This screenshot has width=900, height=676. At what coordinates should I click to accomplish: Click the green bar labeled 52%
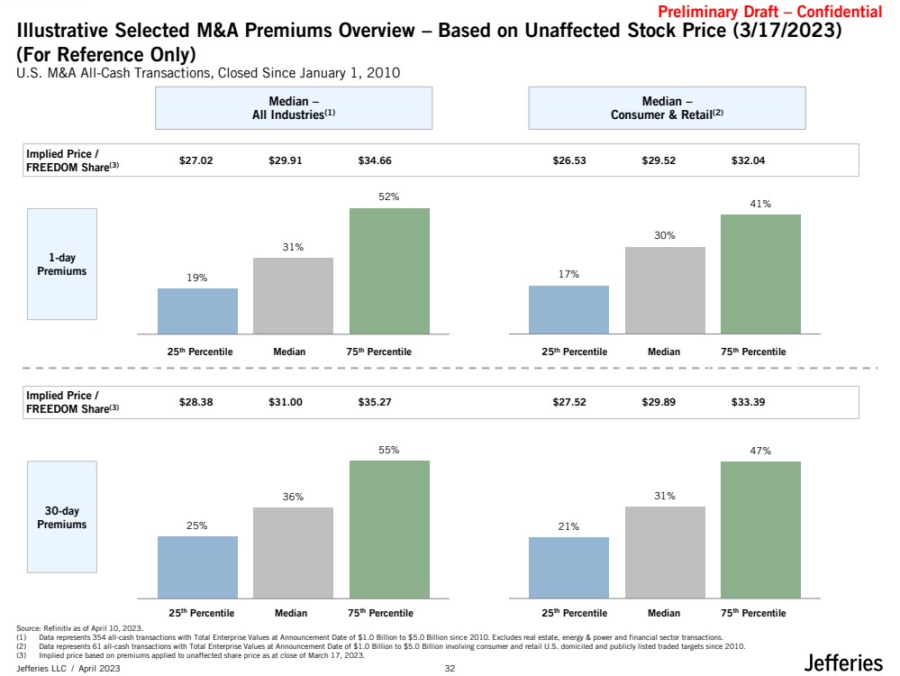(x=389, y=270)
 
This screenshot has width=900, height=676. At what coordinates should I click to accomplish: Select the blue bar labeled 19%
(x=197, y=311)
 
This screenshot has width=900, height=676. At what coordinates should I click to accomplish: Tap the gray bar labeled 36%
(x=293, y=553)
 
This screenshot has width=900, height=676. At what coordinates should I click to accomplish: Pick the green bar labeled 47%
(x=760, y=530)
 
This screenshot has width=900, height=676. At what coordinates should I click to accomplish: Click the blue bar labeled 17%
(x=568, y=309)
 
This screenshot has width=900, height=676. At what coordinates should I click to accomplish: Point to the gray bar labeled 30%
(x=665, y=290)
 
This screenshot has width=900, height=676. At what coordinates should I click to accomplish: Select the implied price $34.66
(x=375, y=160)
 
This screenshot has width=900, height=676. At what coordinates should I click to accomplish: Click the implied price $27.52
(x=569, y=402)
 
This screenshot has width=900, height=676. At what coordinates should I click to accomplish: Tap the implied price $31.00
(x=286, y=402)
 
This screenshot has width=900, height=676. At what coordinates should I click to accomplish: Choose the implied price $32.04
(x=748, y=160)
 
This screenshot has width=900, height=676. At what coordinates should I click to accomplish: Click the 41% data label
(x=760, y=204)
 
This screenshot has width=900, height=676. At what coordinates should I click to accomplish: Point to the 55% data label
(x=388, y=450)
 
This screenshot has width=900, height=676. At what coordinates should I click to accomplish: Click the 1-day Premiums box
(x=62, y=264)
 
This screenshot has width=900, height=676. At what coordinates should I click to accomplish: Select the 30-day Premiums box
(x=62, y=516)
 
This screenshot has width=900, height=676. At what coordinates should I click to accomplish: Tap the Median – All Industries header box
(x=294, y=108)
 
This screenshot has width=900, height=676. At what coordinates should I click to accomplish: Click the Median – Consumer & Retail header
(x=667, y=108)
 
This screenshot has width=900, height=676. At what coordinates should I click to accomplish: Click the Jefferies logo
(x=843, y=662)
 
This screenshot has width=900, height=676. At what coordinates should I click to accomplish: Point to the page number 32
(x=450, y=668)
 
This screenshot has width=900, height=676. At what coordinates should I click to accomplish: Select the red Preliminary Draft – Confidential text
(x=769, y=12)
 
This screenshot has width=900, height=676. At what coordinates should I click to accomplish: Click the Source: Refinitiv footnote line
(x=80, y=628)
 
